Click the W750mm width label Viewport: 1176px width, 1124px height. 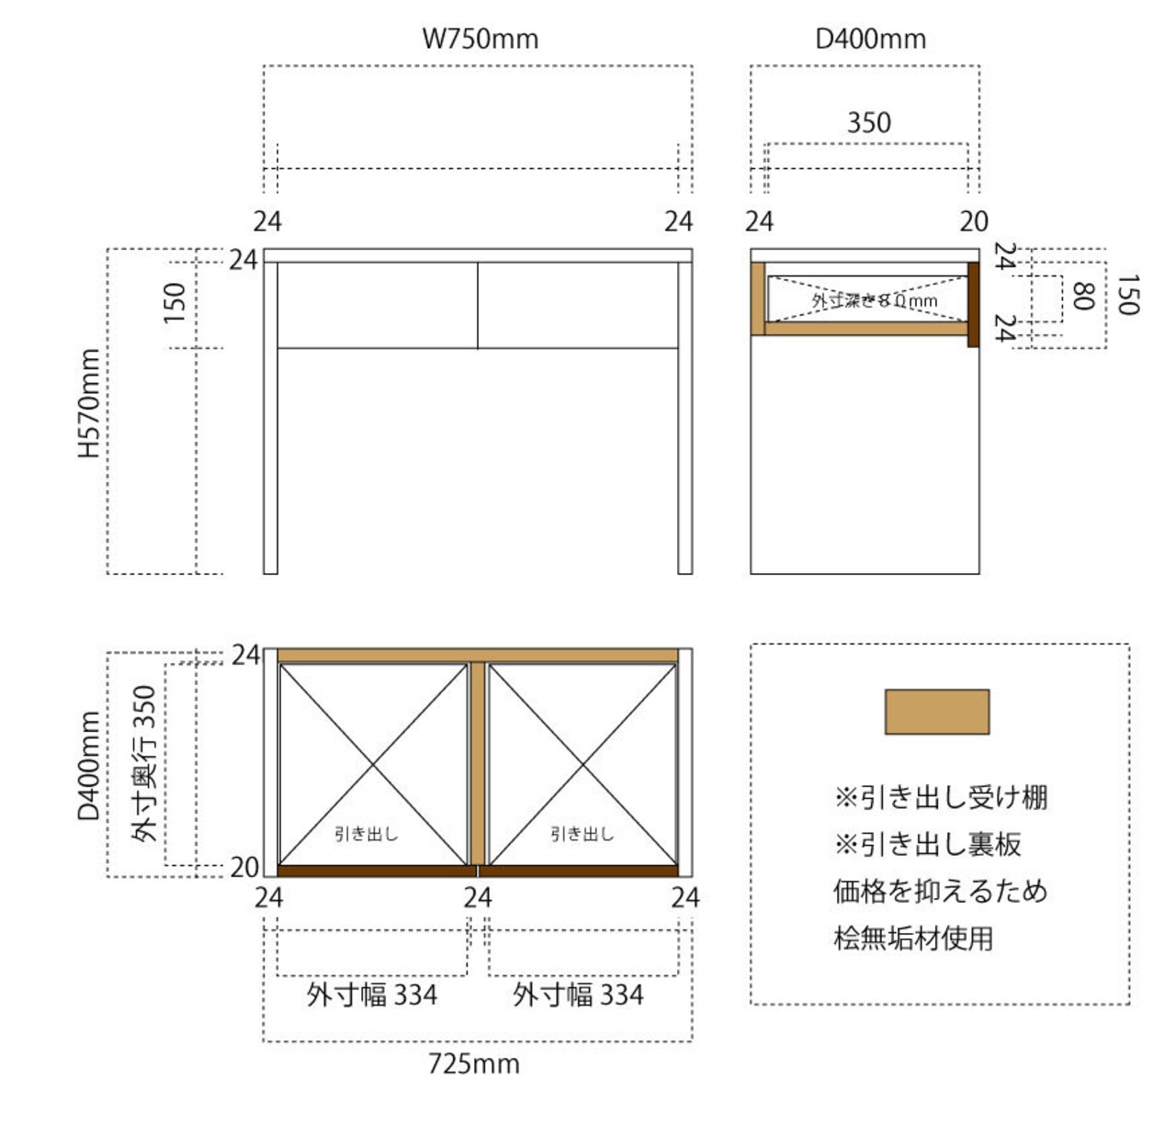(480, 39)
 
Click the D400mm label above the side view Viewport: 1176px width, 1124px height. (870, 39)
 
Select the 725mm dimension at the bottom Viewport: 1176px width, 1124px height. (474, 1063)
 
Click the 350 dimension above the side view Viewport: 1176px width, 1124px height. (868, 122)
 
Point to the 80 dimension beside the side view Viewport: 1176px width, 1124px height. (1082, 296)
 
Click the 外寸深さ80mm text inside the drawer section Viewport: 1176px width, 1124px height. (874, 300)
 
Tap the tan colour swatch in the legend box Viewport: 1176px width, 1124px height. (936, 712)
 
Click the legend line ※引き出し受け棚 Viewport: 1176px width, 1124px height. (940, 797)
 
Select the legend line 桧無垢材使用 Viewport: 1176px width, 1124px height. (913, 939)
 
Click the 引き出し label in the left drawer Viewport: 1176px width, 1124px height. (366, 834)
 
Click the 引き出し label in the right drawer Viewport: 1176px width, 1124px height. (582, 834)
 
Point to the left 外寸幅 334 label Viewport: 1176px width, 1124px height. (372, 995)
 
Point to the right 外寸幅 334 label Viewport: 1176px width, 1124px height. (578, 995)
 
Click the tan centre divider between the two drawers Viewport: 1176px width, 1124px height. (478, 762)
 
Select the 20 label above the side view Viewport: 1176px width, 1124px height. (974, 221)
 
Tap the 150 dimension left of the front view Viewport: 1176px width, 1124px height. (175, 302)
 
